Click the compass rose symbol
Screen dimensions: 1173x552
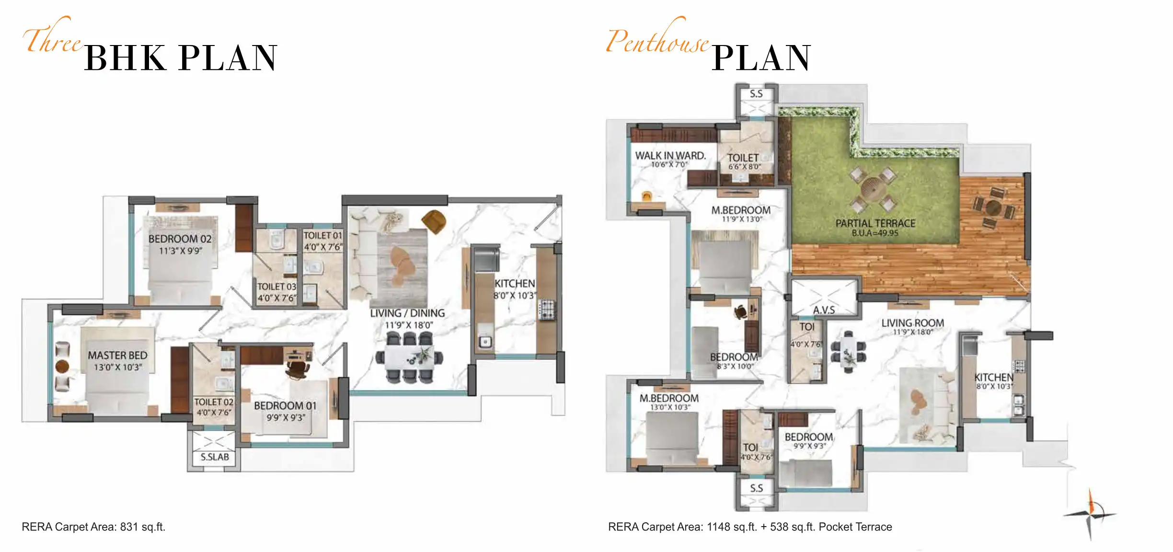1090,514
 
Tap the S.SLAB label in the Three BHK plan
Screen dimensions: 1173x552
215,457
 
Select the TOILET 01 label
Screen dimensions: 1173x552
322,236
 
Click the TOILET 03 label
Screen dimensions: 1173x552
277,287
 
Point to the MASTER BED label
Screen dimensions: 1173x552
117,356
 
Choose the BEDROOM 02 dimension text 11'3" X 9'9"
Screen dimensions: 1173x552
181,251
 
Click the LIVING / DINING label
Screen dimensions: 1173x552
407,313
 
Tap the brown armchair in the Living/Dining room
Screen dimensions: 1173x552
434,222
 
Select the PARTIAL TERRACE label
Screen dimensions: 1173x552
875,223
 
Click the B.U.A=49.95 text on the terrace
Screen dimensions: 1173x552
875,233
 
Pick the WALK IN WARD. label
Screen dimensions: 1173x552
670,156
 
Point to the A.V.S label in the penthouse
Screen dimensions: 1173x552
824,310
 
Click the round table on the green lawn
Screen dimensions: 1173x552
872,188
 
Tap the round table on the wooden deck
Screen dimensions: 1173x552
993,208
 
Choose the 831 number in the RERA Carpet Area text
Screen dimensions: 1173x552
129,527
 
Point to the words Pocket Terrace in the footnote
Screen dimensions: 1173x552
855,527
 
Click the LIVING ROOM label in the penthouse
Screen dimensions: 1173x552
913,323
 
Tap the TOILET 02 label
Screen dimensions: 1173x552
214,402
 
